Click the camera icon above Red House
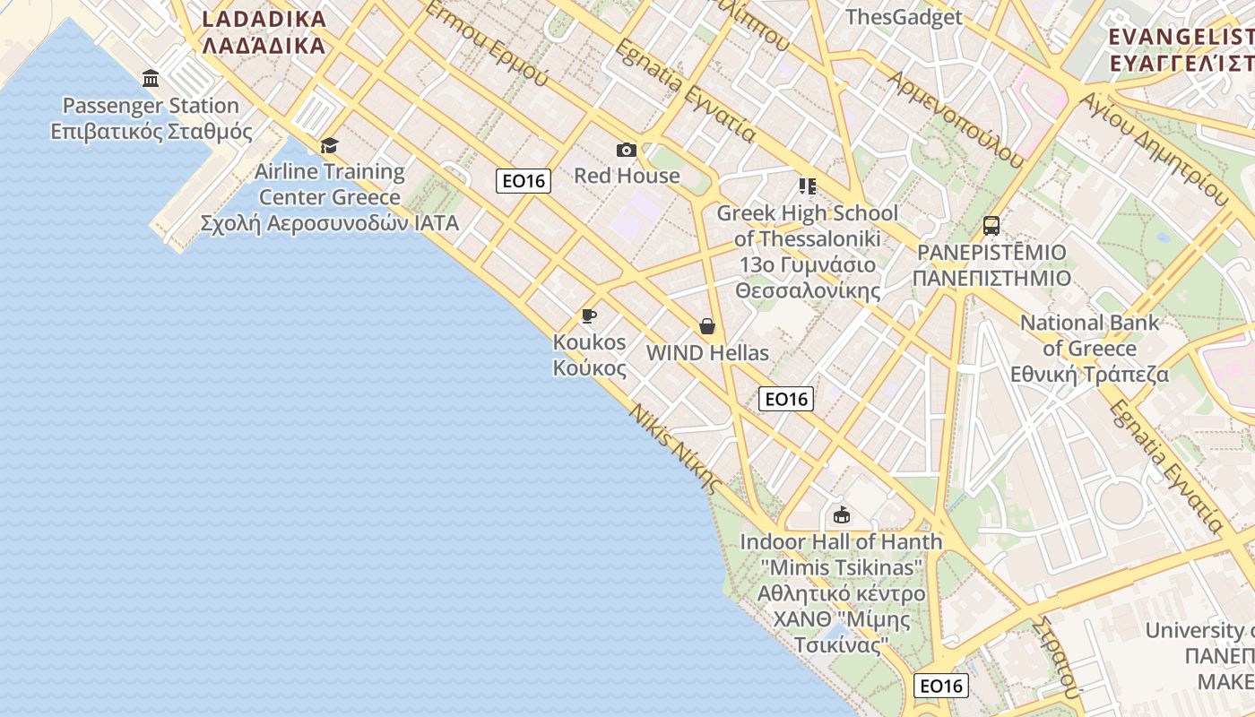pyautogui.click(x=626, y=150)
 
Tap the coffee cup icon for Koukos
pyautogui.click(x=588, y=315)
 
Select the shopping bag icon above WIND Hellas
pyautogui.click(x=707, y=326)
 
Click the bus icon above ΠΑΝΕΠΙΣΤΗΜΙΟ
pyautogui.click(x=991, y=226)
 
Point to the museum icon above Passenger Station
pyautogui.click(x=151, y=79)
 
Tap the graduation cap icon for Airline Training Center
pyautogui.click(x=330, y=145)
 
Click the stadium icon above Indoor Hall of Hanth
pyautogui.click(x=841, y=514)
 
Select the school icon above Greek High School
pyautogui.click(x=807, y=186)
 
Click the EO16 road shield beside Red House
pyautogui.click(x=524, y=181)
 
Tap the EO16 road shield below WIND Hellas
pyautogui.click(x=786, y=399)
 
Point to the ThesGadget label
pyautogui.click(x=904, y=17)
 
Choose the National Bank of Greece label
pyautogui.click(x=1090, y=348)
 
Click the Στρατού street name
pyautogui.click(x=1054, y=657)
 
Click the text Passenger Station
pyautogui.click(x=151, y=106)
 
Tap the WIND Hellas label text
pyautogui.click(x=707, y=353)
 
